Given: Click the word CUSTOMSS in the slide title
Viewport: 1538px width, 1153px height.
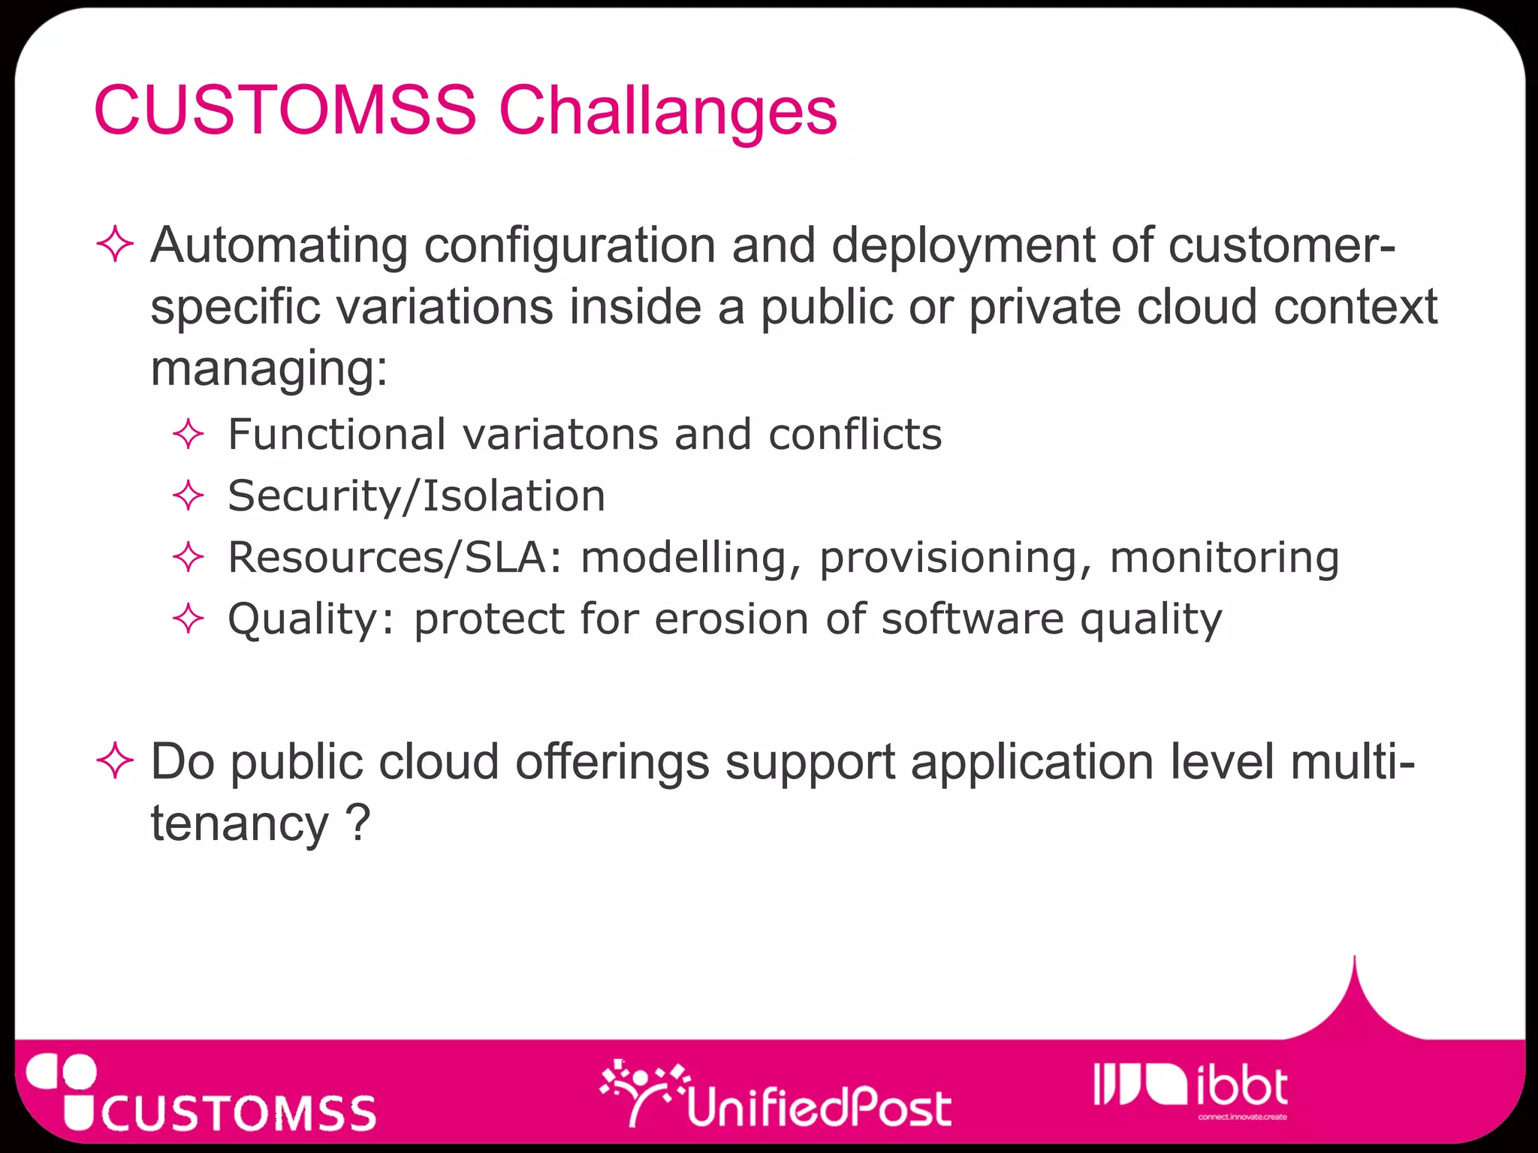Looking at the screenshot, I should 285,111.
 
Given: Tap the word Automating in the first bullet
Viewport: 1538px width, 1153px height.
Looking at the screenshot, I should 279,245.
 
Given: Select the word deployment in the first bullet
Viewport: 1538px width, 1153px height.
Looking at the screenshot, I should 963,245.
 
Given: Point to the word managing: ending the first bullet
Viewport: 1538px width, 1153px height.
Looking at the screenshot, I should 269,369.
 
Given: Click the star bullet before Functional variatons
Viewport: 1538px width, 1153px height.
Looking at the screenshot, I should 188,435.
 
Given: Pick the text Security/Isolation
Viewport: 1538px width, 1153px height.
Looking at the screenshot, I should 416,496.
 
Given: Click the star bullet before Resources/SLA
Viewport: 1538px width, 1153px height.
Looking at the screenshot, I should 188,558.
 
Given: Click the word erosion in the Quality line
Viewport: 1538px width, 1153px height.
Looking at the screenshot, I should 731,620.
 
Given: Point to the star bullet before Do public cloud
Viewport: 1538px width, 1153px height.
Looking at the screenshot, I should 115,761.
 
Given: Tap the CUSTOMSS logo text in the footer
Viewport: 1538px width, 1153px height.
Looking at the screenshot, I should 239,1112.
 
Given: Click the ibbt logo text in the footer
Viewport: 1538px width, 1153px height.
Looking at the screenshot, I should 1241,1087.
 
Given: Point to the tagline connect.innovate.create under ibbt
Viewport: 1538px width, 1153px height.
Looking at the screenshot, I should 1242,1117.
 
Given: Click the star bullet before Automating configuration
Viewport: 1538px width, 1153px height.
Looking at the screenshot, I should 115,245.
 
